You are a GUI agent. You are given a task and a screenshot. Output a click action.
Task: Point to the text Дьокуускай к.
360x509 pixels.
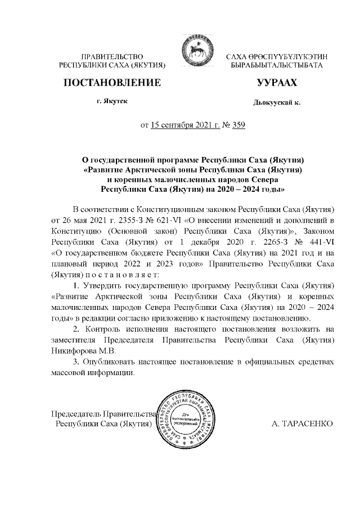277,103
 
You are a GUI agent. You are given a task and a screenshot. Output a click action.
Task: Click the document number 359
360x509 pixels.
238,125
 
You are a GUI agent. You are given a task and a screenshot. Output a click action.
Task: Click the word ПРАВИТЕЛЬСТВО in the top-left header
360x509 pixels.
112,56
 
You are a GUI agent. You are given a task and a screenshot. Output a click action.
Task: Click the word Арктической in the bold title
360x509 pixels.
154,168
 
